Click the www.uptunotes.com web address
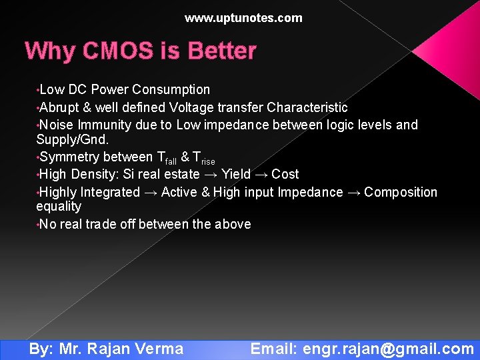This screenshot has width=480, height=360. coord(243,18)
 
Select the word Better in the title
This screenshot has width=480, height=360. coord(222,51)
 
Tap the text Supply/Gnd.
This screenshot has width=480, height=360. coord(72,141)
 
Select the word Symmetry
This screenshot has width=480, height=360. coord(68,157)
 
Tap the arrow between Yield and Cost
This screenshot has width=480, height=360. coord(261,175)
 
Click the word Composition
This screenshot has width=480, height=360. coord(401,192)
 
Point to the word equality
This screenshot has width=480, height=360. coord(59,207)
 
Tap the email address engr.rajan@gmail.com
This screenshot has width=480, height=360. coord(388,349)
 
